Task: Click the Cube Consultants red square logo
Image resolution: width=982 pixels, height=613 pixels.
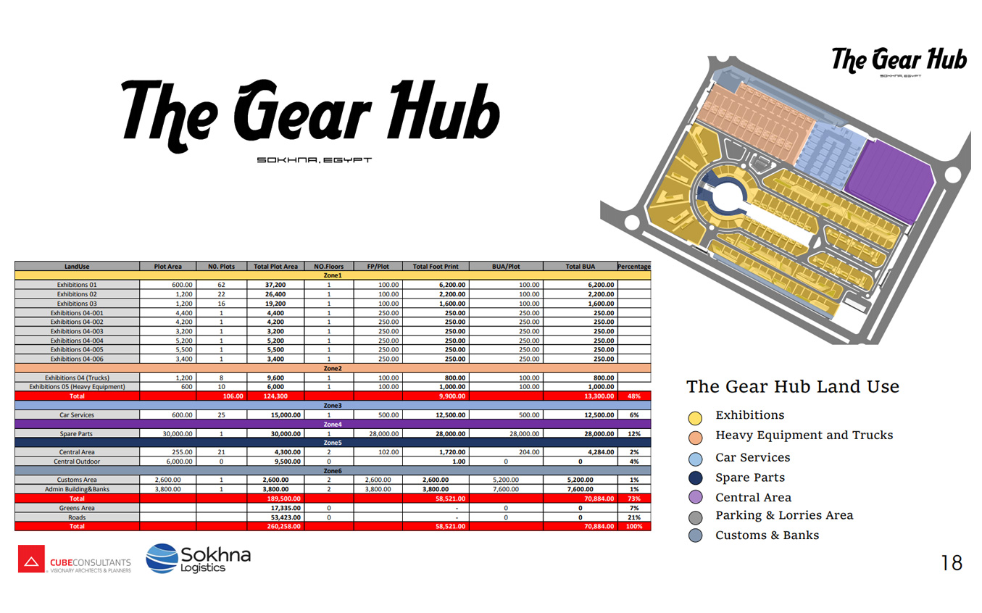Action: (x=31, y=559)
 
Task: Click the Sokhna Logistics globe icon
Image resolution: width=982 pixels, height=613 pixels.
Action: (x=162, y=559)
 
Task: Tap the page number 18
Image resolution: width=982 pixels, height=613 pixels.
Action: (x=952, y=563)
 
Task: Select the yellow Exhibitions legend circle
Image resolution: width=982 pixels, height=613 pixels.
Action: (x=695, y=418)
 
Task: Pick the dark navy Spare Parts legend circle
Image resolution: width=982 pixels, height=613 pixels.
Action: (x=695, y=478)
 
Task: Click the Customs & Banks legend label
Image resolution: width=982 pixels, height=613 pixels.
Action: (x=767, y=535)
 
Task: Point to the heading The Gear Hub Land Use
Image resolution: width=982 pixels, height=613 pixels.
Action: (x=793, y=387)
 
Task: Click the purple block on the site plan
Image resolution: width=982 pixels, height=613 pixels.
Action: (x=889, y=180)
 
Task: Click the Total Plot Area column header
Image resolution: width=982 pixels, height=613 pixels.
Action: (x=275, y=267)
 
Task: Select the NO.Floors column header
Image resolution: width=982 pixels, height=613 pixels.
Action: (x=329, y=267)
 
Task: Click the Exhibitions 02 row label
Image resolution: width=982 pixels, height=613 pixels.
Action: (x=77, y=294)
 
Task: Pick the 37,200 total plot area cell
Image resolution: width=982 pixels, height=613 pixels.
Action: (x=275, y=285)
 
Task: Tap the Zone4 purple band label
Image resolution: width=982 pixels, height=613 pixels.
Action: (x=333, y=424)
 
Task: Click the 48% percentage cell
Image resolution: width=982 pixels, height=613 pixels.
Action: (x=634, y=396)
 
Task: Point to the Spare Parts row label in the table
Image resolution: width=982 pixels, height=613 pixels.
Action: (x=76, y=434)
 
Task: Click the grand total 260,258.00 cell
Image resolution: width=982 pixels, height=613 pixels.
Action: (x=283, y=526)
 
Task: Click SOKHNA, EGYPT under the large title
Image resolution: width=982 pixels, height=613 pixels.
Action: (x=315, y=160)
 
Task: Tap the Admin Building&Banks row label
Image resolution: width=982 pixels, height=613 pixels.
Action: (x=77, y=489)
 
